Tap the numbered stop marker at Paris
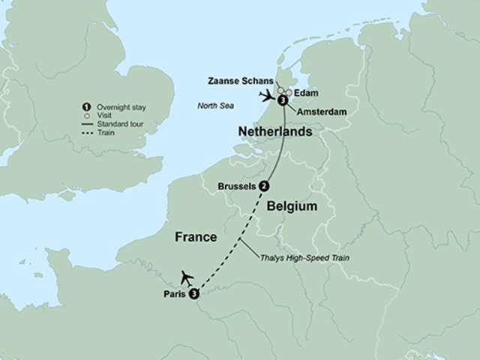click(193, 293)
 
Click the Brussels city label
click(236, 186)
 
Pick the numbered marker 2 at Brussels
click(264, 186)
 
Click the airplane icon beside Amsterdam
click(266, 95)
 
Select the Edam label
click(307, 92)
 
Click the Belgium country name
click(293, 205)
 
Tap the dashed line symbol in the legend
click(88, 133)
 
